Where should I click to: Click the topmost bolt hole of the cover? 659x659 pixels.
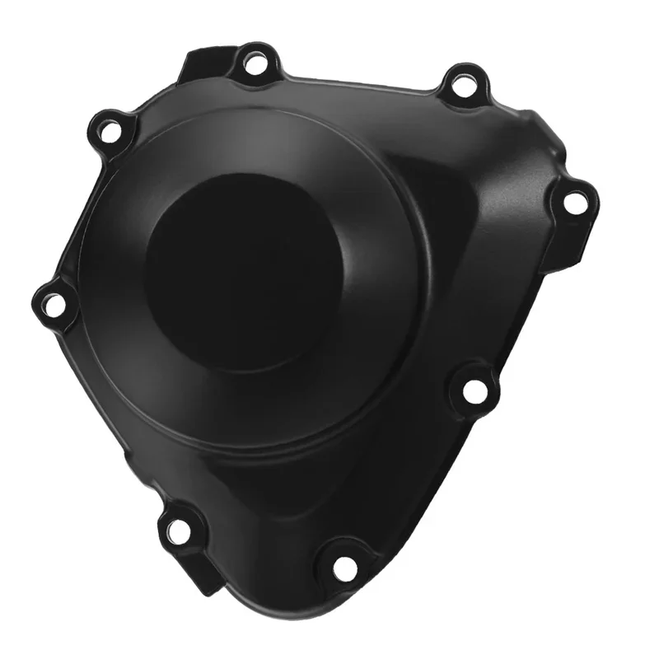254,64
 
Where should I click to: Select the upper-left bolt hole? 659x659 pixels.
108,129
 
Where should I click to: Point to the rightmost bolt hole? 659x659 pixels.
573,201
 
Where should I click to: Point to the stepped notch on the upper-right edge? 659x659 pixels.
535,132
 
